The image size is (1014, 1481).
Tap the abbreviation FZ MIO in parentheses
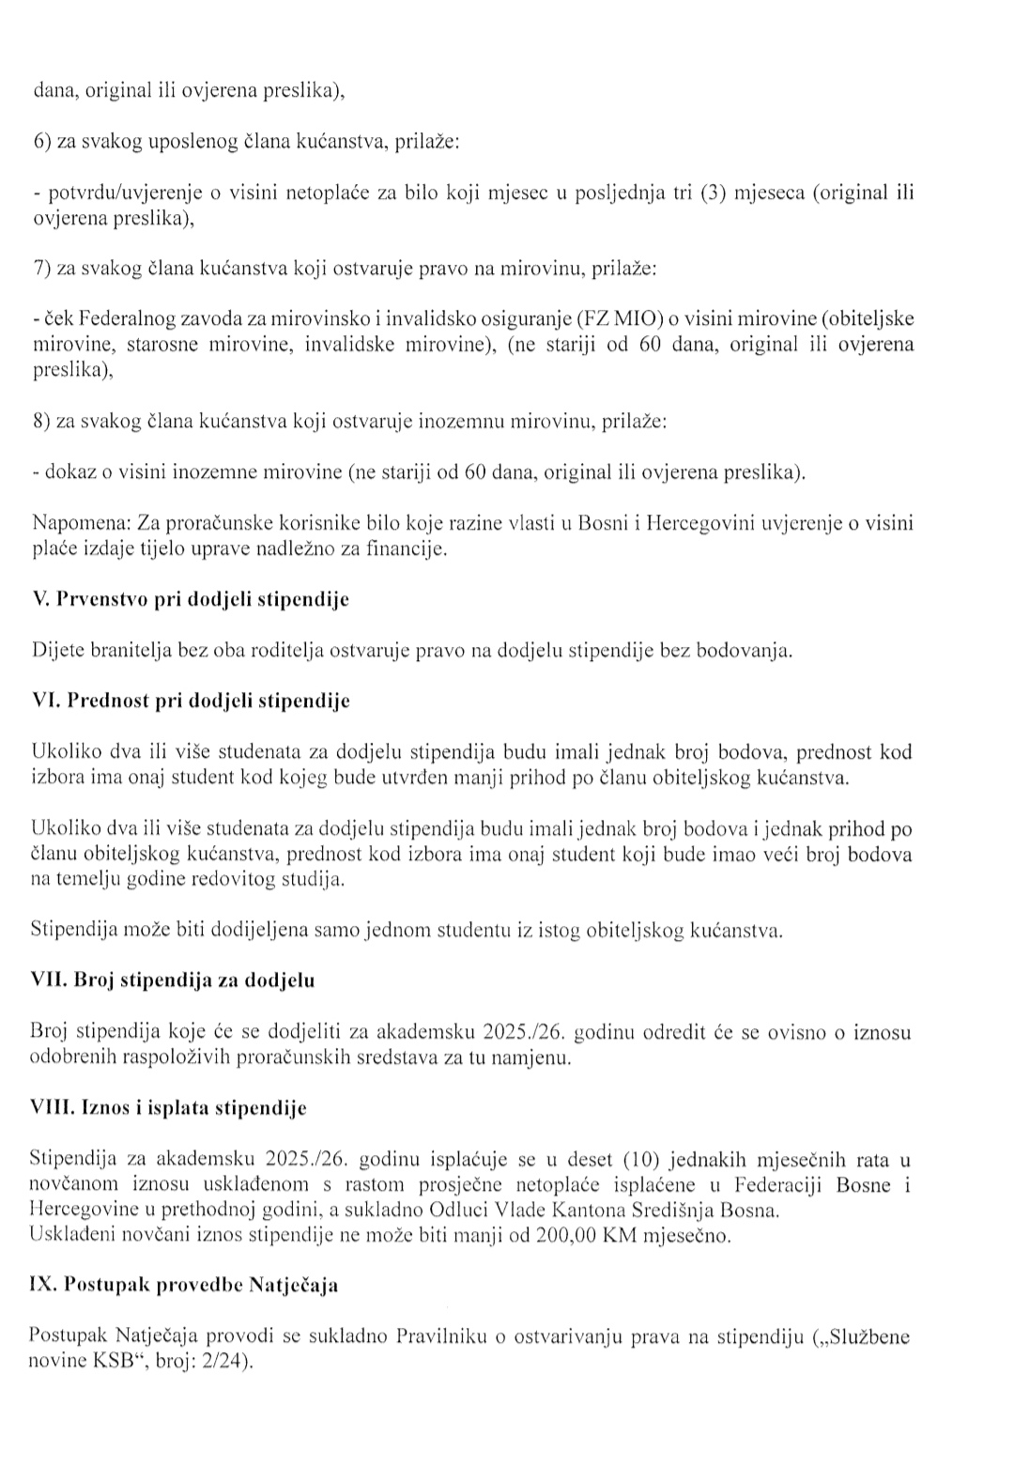click(619, 319)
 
